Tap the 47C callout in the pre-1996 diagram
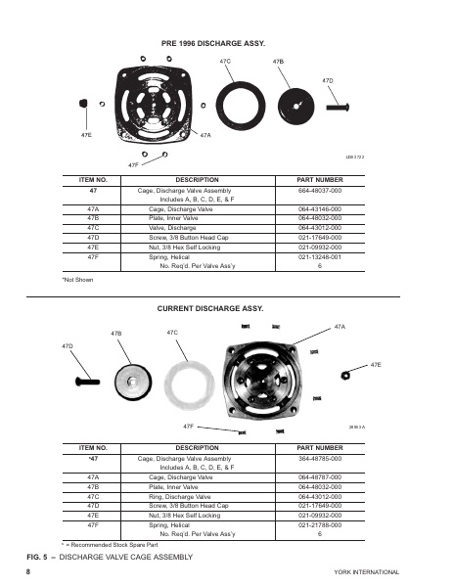click(x=225, y=61)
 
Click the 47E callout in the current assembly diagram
click(x=376, y=364)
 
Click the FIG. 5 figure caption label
click(x=40, y=556)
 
